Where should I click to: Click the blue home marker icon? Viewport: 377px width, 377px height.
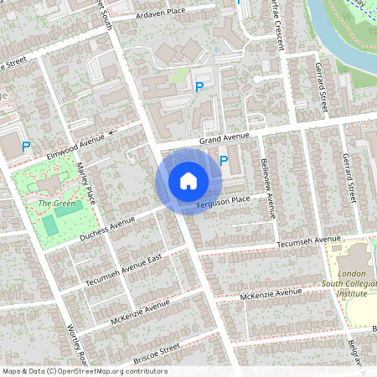pyautogui.click(x=188, y=181)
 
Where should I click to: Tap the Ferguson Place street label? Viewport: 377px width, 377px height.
pyautogui.click(x=224, y=200)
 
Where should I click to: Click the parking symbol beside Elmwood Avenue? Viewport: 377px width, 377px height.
pyautogui.click(x=26, y=147)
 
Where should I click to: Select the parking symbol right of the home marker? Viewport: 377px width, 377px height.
pyautogui.click(x=224, y=160)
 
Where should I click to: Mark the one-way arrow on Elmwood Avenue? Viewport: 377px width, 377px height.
pyautogui.click(x=113, y=132)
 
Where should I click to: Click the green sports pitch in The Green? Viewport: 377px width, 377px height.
pyautogui.click(x=50, y=225)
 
